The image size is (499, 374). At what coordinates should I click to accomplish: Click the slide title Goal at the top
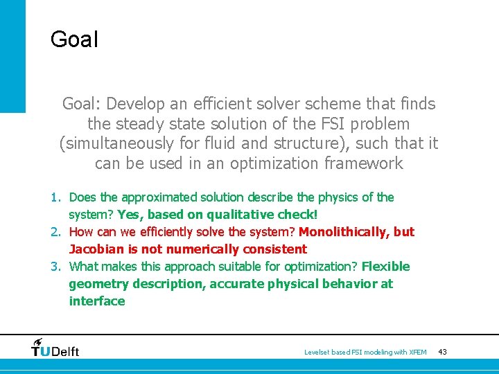tap(74, 39)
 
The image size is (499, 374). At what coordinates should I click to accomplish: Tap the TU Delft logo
tap(55, 348)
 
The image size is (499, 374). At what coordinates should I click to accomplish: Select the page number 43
tap(442, 353)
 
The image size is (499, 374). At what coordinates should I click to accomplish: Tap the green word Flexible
tap(385, 267)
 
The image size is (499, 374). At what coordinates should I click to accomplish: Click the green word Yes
tap(130, 215)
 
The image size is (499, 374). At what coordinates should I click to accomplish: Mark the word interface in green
tap(97, 301)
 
